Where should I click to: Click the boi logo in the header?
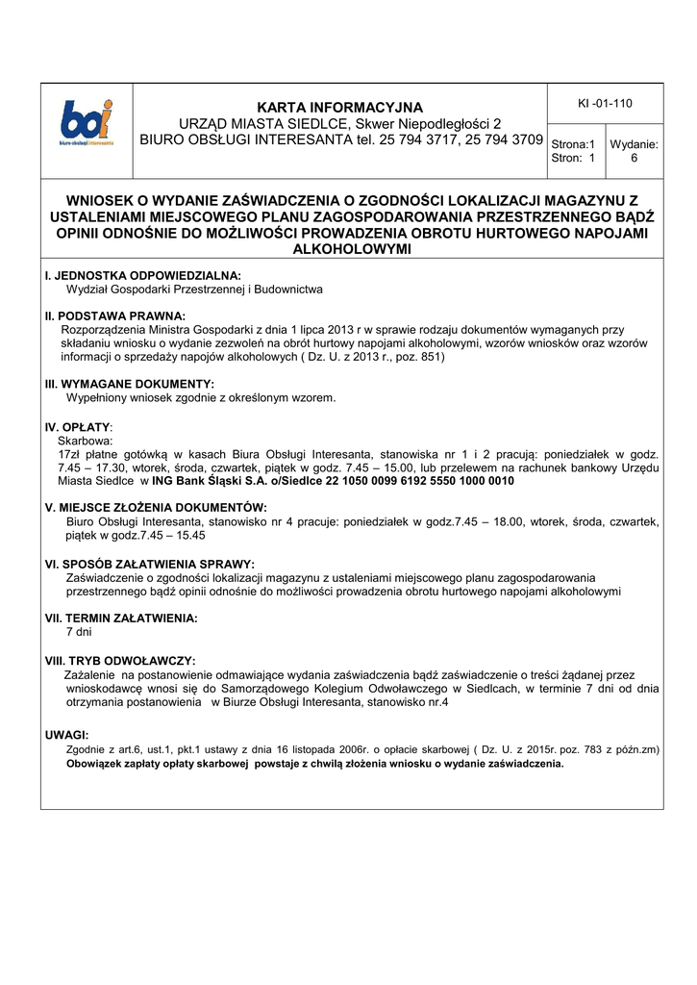click(86, 123)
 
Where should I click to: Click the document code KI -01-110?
click(605, 103)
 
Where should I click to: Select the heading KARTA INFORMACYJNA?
click(339, 107)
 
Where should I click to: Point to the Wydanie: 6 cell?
click(634, 151)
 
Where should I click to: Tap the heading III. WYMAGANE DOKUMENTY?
click(129, 384)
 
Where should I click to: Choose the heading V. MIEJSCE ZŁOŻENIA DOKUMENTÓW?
click(156, 507)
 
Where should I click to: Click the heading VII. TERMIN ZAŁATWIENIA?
click(121, 619)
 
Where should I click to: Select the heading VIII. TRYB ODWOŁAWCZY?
click(120, 661)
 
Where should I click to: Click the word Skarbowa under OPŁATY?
click(85, 440)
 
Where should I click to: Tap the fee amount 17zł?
click(67, 453)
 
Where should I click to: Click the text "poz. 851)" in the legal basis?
click(416, 357)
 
